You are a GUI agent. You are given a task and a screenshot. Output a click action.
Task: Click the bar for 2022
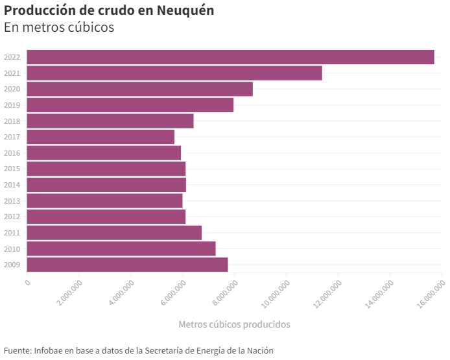[x=230, y=57]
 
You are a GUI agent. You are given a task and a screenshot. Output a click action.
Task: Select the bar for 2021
[x=174, y=73]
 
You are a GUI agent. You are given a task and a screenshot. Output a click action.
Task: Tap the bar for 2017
[x=101, y=137]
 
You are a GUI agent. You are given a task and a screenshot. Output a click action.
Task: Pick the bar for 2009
[x=127, y=265]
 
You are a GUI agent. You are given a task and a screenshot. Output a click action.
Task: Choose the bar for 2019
[x=130, y=105]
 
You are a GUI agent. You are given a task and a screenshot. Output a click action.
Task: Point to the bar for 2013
[x=104, y=201]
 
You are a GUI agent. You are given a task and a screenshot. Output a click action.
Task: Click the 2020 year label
[x=12, y=89]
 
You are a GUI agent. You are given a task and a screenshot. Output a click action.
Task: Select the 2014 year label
[x=12, y=185]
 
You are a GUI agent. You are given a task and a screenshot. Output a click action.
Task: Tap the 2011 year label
[x=12, y=233]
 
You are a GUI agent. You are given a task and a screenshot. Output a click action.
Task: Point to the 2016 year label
[x=12, y=153]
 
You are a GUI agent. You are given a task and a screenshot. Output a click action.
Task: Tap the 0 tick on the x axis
[x=27, y=282]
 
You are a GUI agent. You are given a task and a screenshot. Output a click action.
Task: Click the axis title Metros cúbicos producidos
[x=234, y=324]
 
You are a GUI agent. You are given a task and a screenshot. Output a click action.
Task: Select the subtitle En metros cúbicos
[x=59, y=27]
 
